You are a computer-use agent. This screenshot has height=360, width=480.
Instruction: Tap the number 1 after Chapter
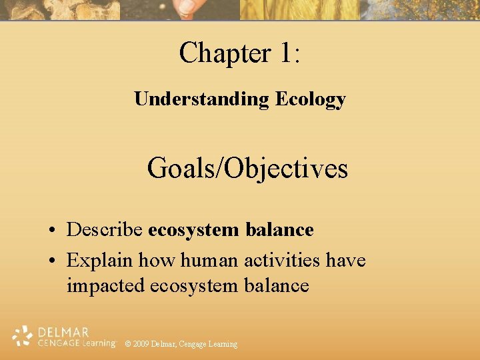click(x=284, y=53)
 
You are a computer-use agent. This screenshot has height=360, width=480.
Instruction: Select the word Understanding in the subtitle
click(x=201, y=99)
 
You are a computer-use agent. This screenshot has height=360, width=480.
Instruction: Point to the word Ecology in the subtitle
click(x=311, y=99)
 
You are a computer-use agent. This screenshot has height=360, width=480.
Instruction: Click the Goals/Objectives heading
click(x=247, y=168)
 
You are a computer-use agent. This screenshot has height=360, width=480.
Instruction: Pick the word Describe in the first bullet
click(x=105, y=230)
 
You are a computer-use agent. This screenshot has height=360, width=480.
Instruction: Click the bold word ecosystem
click(x=193, y=230)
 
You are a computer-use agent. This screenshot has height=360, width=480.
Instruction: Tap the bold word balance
click(x=280, y=230)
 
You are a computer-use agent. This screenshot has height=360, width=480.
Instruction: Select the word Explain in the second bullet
click(x=97, y=259)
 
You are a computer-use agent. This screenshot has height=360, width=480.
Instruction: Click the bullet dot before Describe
click(x=51, y=231)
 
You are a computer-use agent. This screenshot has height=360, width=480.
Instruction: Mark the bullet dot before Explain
click(x=51, y=260)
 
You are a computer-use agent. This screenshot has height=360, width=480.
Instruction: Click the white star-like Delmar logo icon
click(x=22, y=336)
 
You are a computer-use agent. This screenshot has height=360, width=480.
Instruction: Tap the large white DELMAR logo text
click(x=64, y=331)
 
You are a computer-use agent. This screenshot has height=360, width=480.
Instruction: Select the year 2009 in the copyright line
click(x=141, y=344)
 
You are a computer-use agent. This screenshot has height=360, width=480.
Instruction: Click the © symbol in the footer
click(x=128, y=344)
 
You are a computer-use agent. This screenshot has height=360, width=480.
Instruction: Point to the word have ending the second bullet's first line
click(x=346, y=259)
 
